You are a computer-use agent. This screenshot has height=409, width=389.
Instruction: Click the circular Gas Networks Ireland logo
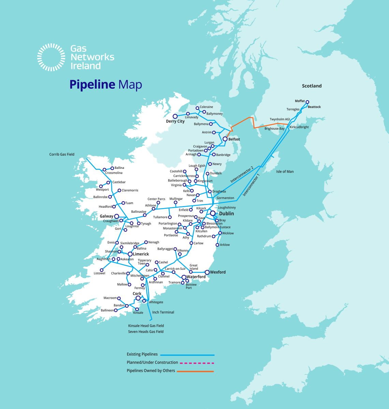[51, 57]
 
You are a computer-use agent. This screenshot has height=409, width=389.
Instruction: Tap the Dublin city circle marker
[213, 213]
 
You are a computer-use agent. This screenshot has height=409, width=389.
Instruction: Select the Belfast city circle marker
[225, 139]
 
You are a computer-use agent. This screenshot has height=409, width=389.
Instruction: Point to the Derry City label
[175, 121]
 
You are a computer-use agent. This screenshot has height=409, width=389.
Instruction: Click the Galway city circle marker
[116, 216]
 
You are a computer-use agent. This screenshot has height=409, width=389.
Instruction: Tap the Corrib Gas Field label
[62, 155]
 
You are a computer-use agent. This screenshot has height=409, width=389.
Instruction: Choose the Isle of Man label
[285, 172]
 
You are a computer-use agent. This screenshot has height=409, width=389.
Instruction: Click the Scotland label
[312, 86]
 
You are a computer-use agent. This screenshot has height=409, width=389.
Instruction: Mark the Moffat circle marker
[307, 102]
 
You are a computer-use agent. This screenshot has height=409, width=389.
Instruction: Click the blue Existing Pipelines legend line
[187, 355]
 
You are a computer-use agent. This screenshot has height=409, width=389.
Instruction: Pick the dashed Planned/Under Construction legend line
[197, 363]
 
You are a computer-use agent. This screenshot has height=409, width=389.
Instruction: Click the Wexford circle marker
[207, 272]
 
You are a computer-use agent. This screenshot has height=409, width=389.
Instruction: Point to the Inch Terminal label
[163, 312]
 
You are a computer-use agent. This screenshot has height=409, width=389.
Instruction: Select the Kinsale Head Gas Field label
[146, 326]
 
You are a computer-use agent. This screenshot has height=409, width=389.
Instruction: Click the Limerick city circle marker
[130, 254]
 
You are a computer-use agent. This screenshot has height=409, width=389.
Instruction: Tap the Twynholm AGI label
[279, 119]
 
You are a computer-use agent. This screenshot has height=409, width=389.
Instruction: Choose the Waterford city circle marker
[184, 277]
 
